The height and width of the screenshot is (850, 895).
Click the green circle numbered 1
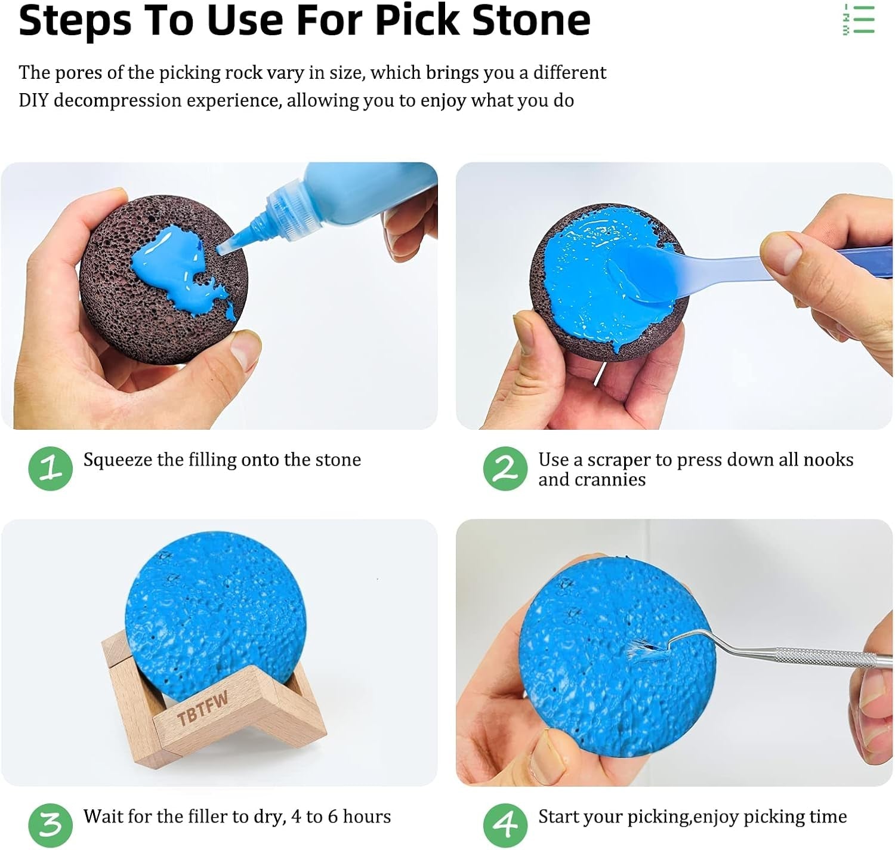coord(50,469)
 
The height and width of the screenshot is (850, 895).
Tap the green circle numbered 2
coord(505,469)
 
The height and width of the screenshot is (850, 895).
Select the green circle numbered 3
coord(50,825)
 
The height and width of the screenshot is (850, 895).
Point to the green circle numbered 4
coord(505,825)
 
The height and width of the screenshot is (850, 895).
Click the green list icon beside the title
coord(859,19)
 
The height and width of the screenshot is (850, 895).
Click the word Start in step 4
coord(560,816)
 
